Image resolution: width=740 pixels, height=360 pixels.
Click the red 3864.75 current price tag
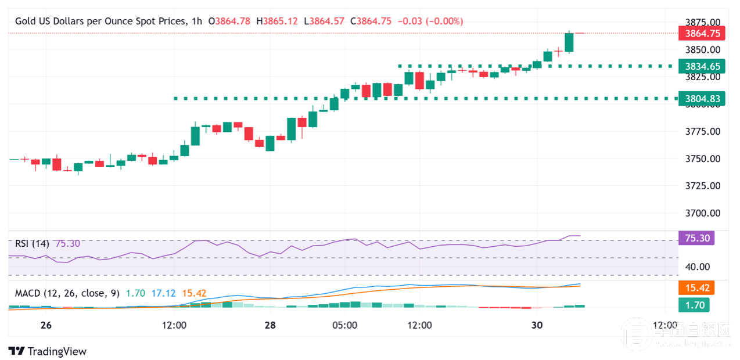702,34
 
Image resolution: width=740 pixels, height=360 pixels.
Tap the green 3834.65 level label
702,66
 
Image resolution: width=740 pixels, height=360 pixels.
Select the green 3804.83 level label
702,99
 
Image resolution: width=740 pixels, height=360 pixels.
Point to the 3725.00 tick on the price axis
702,186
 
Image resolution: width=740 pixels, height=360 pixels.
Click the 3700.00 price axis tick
702,213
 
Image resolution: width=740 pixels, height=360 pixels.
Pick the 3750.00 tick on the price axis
702,159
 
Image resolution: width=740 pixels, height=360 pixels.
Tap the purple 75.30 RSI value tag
697,238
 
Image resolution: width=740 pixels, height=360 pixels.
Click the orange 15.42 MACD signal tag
697,288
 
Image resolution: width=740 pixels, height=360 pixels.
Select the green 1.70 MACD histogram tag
694,304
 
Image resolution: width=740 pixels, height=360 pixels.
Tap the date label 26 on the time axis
46,325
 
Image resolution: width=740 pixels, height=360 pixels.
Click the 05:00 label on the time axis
344,325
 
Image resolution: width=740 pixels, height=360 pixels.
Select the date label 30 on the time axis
537,325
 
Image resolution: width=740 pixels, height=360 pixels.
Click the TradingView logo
48,351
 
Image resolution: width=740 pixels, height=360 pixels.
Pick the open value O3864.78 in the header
232,21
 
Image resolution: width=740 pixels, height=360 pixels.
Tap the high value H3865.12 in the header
280,21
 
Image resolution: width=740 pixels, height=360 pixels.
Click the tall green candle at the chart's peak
569,42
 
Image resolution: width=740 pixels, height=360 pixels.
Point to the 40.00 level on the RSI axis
697,267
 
